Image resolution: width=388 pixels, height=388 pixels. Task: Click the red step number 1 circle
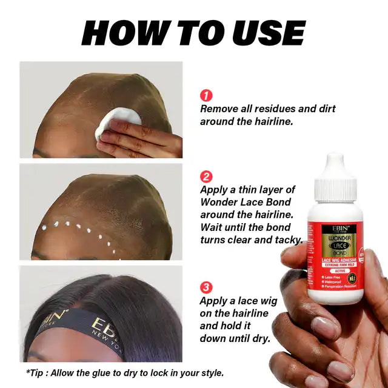207,96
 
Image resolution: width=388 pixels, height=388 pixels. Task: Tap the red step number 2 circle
207,177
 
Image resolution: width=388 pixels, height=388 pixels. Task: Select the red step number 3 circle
207,287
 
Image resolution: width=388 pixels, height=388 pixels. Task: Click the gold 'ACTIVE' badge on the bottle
336,271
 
